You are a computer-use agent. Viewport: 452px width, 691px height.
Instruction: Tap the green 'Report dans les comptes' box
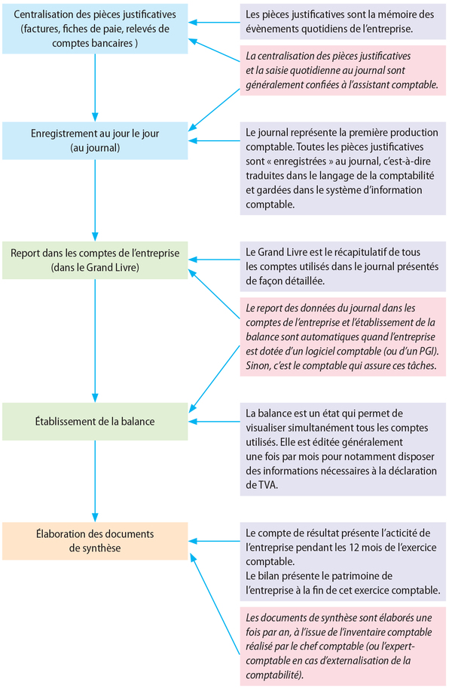tap(95, 260)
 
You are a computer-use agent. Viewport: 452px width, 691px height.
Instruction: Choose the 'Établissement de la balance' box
tap(95, 421)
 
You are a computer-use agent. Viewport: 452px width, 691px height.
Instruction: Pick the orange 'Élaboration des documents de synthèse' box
tap(95, 541)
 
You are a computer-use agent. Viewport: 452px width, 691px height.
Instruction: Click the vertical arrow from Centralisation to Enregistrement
tap(95, 87)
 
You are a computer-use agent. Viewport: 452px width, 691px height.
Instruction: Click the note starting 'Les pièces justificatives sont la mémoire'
tap(344, 22)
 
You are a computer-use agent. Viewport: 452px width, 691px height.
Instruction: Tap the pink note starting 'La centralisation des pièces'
tap(344, 71)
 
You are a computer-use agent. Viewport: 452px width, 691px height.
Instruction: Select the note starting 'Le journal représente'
tap(344, 168)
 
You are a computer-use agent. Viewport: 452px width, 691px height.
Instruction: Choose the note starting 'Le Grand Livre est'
tap(344, 266)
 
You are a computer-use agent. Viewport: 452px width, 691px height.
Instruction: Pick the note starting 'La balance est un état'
tap(344, 449)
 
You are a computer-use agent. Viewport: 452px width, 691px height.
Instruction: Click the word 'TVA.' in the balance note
tap(258, 486)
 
